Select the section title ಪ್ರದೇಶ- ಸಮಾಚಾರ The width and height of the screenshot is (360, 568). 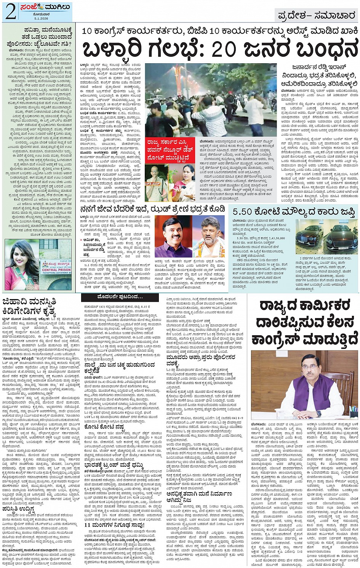pos(316,16)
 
